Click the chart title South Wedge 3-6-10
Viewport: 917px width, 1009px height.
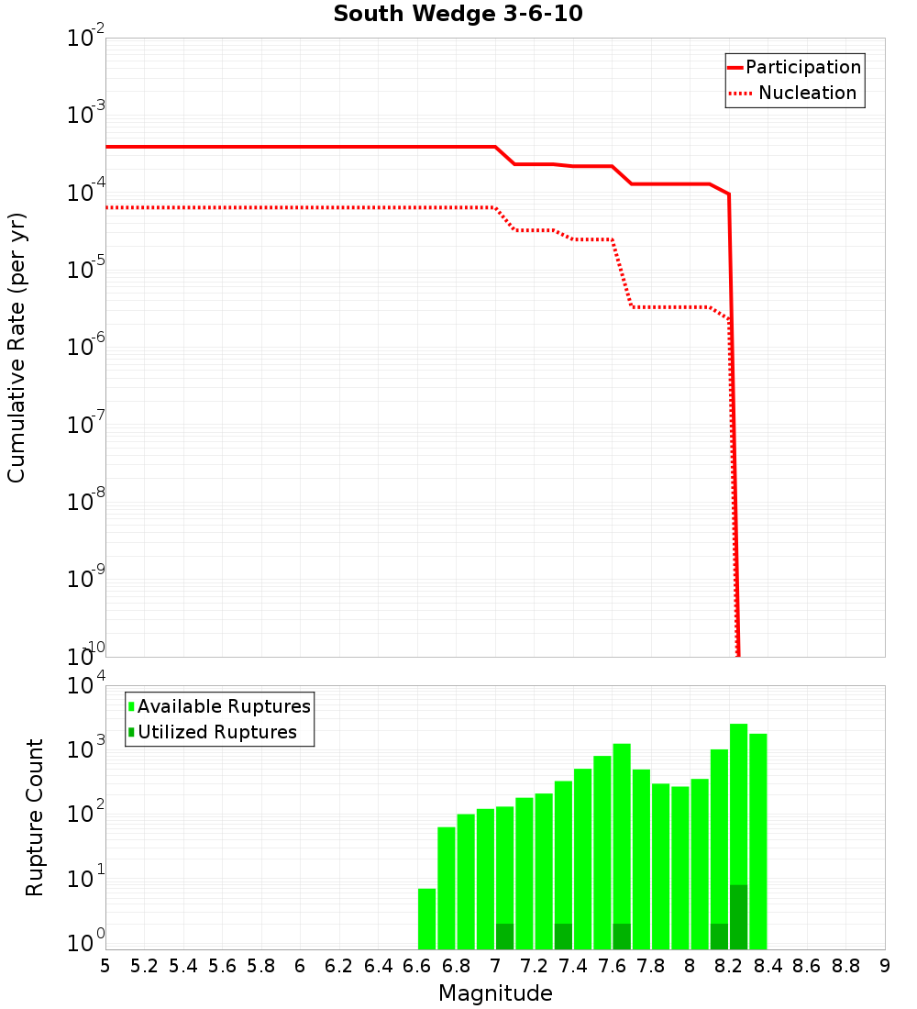(x=458, y=15)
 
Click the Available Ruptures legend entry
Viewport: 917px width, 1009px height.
(x=219, y=706)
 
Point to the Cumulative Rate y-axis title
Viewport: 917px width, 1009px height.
(x=17, y=347)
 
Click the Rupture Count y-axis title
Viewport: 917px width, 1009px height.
(x=35, y=817)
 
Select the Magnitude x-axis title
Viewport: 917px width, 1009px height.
(x=495, y=993)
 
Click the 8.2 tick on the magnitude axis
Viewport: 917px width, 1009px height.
(x=728, y=966)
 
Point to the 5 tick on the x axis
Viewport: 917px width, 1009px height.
(x=105, y=966)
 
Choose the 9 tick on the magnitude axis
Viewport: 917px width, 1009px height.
(x=884, y=966)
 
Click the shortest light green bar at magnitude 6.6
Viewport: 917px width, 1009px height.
(x=426, y=918)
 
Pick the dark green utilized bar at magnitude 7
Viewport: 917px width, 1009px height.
(x=504, y=936)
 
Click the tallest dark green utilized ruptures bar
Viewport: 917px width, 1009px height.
(x=738, y=916)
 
